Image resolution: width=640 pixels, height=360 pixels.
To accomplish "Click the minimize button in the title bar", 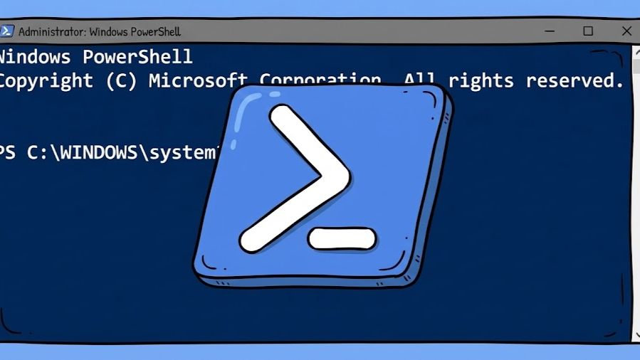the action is coord(550,31).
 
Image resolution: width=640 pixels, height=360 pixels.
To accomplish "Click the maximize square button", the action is coord(588,31).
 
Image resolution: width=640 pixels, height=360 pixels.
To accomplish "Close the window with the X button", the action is coord(626,31).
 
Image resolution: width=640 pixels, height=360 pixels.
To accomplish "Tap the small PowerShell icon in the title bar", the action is coord(6,31).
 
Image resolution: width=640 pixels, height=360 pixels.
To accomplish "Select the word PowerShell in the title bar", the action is coord(154,32).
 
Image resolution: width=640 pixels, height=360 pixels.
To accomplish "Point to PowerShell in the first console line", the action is coord(137,57).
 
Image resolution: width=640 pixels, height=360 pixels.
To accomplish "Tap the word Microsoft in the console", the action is coord(198,81).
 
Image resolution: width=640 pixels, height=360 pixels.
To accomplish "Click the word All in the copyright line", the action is coord(419,81).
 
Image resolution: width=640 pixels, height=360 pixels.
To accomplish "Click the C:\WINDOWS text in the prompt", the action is coord(88,153).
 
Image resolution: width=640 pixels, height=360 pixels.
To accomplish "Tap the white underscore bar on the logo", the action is coord(342,238).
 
